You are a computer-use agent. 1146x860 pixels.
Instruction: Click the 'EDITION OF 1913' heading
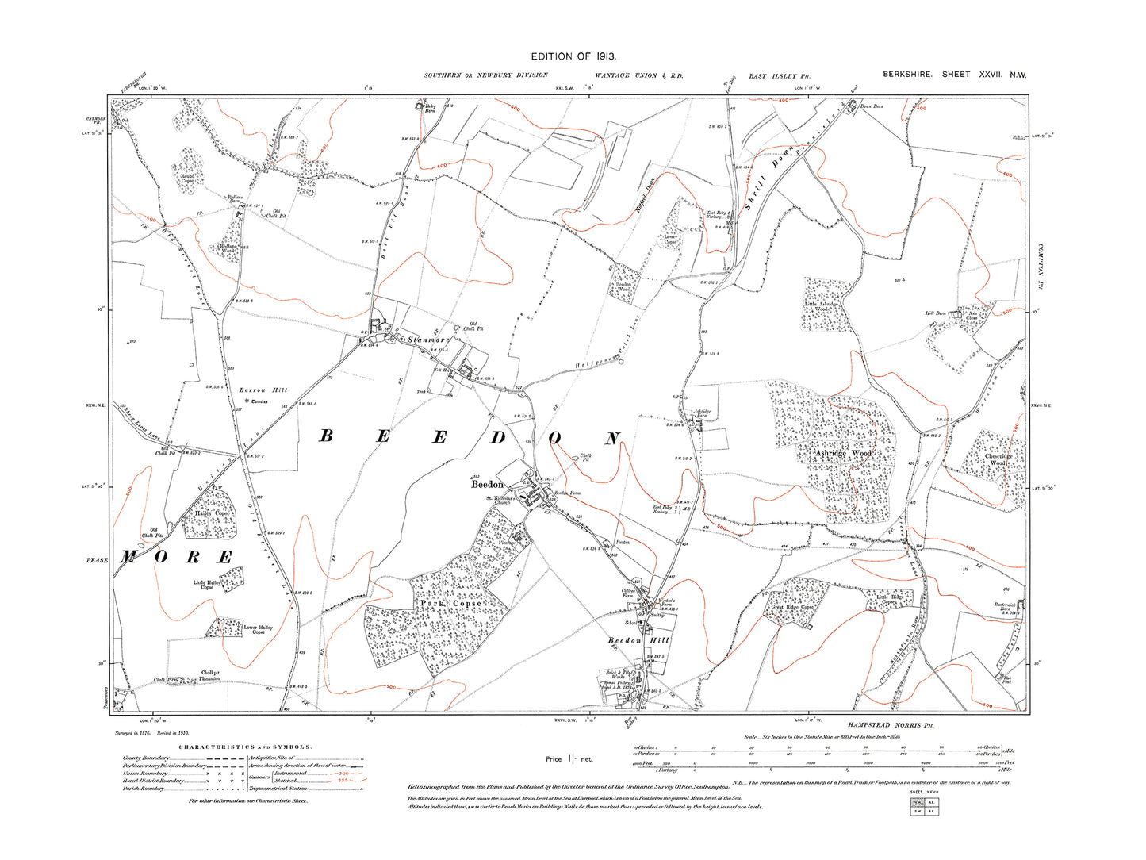573,56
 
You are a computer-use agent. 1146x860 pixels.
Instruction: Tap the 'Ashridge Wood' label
843,453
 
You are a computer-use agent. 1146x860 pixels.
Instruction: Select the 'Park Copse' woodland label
450,604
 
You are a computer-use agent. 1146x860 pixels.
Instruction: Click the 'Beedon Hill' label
638,640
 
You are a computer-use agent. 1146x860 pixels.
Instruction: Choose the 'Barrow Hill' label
263,390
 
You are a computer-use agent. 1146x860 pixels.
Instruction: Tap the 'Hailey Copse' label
212,513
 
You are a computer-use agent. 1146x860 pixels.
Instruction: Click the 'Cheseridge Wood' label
998,459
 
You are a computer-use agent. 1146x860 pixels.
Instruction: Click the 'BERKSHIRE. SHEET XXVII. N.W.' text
954,75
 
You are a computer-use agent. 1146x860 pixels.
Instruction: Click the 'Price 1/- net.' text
569,759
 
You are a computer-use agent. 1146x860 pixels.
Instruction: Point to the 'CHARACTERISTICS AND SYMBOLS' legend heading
245,747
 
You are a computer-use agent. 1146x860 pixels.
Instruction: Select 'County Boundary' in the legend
146,758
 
